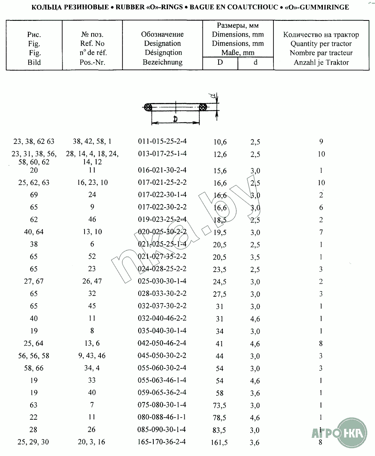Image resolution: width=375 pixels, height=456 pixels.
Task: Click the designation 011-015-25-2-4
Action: [162, 141]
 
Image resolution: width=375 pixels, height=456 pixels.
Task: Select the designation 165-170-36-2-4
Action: [162, 441]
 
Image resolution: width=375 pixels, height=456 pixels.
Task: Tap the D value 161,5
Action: [220, 442]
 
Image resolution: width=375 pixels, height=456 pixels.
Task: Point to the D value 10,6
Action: [220, 142]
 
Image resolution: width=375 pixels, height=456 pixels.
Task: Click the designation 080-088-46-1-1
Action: [162, 417]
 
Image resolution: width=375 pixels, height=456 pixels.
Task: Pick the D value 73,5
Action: [220, 405]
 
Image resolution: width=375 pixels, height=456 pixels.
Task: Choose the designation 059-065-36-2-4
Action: [162, 392]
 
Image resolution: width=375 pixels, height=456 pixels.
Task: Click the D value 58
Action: [220, 393]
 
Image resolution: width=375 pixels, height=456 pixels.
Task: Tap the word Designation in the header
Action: [162, 44]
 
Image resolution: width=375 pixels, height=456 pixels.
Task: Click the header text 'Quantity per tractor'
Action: [321, 44]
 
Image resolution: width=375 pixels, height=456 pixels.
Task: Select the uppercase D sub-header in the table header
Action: [220, 62]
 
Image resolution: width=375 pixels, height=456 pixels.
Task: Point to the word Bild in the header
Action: [34, 62]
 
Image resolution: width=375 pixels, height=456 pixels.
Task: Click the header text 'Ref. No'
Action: [92, 44]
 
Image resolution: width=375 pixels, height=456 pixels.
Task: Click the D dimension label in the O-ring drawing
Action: [175, 119]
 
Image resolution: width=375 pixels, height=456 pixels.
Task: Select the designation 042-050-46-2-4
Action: [162, 343]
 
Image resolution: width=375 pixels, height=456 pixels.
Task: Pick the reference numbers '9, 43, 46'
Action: [92, 355]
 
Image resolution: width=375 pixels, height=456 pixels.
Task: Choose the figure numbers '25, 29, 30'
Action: [34, 442]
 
